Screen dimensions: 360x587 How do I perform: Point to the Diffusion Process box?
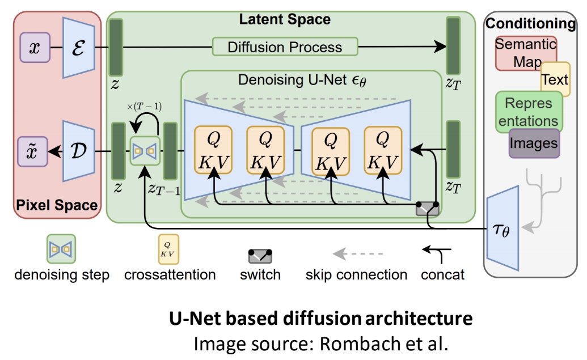tap(285, 46)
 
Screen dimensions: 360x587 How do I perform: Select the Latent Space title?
tap(285, 19)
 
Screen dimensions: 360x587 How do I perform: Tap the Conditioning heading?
tap(530, 23)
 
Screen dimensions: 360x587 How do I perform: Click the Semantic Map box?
tap(525, 52)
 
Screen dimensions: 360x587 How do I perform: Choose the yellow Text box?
tap(554, 79)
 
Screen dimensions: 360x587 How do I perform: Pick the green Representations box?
tap(528, 112)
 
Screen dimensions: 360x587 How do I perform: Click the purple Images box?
tap(533, 143)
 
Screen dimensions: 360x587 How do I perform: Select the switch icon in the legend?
tap(260, 255)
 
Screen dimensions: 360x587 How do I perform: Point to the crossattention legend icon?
tap(169, 250)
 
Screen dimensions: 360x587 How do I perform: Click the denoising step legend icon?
tap(61, 249)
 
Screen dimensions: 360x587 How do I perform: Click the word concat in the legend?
tap(442, 275)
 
